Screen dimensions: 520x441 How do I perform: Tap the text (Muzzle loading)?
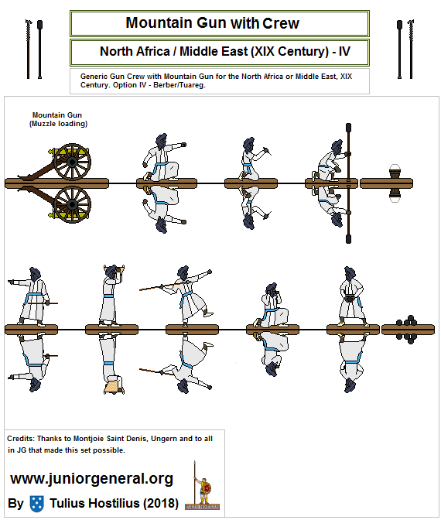tap(58, 124)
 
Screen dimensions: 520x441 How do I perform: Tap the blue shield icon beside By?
tap(36, 504)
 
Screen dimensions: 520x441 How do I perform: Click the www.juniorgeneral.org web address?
tap(91, 479)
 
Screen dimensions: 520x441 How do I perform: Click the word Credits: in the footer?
tap(21, 438)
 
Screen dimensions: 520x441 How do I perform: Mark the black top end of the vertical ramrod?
tap(348, 127)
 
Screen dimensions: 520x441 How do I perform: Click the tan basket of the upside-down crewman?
tap(114, 385)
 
